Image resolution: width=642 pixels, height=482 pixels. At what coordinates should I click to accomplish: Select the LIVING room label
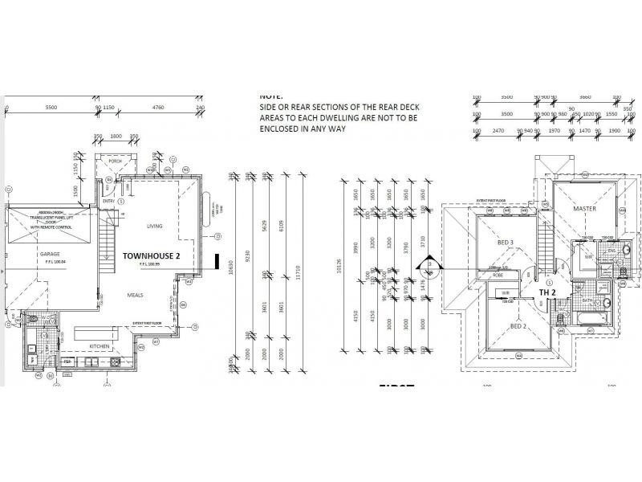[x=155, y=227]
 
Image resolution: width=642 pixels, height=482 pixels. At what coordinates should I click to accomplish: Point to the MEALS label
[x=135, y=295]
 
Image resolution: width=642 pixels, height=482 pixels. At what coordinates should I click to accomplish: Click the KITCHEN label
[x=100, y=345]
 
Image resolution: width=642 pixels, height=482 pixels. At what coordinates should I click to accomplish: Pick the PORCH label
[x=115, y=161]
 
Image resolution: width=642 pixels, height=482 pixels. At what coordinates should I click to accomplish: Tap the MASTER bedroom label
[x=583, y=209]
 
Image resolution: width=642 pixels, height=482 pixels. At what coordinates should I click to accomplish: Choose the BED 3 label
[x=505, y=242]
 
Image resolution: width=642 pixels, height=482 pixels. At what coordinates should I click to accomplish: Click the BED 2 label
[x=518, y=327]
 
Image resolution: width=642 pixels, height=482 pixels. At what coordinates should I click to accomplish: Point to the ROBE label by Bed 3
[x=486, y=275]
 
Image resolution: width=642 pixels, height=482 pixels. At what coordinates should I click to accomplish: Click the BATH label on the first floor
[x=587, y=301]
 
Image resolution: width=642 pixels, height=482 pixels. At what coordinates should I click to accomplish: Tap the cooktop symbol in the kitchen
[x=116, y=362]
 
